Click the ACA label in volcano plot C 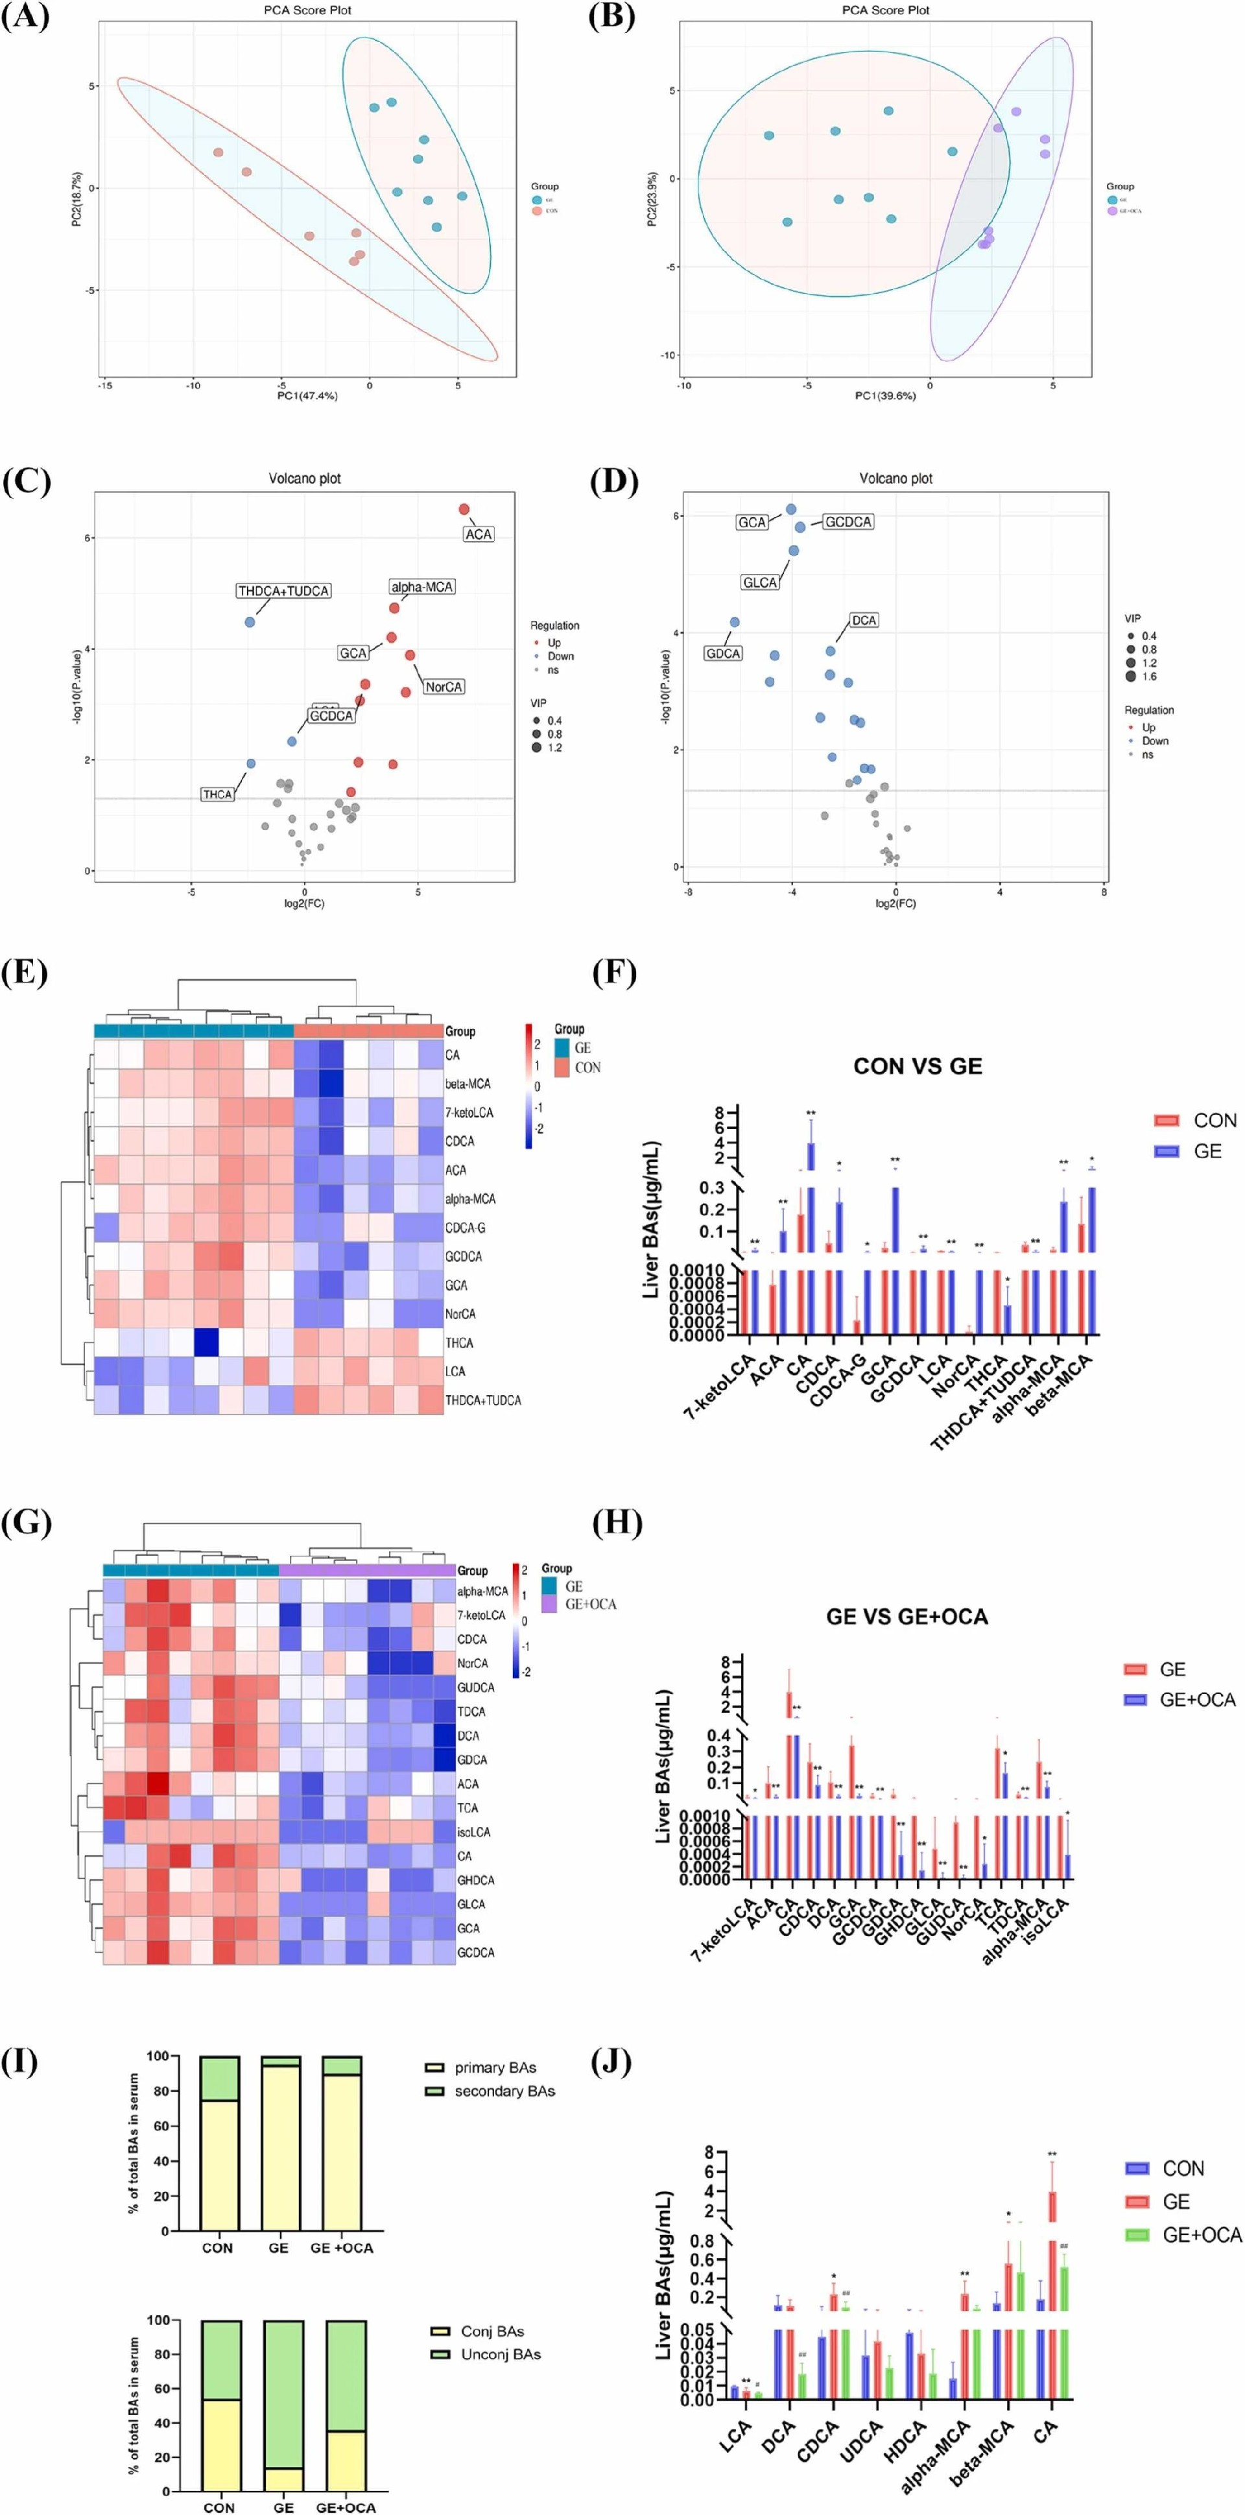(479, 534)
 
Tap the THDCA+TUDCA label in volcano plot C (283, 591)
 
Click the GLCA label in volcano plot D (760, 583)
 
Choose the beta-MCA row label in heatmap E (468, 1084)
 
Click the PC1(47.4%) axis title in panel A (307, 396)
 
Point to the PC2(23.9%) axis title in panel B (652, 200)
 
